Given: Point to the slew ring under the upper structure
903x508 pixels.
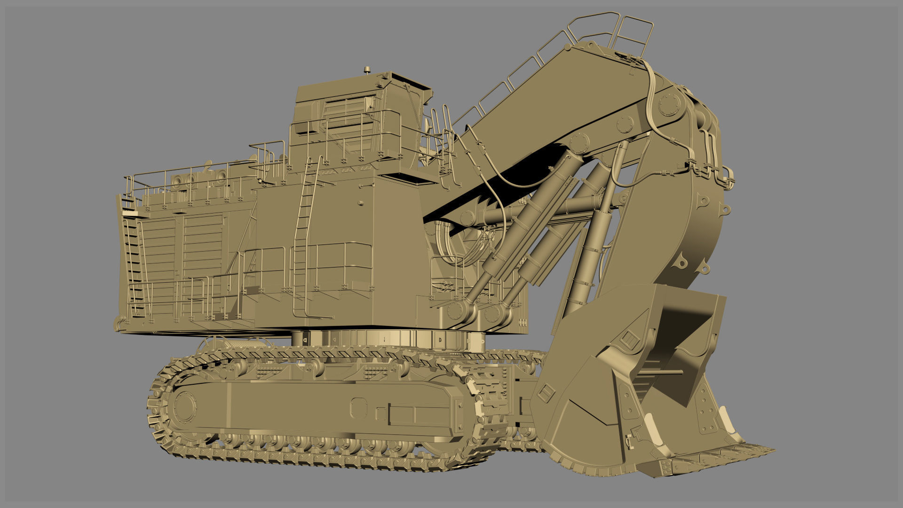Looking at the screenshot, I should [x=386, y=340].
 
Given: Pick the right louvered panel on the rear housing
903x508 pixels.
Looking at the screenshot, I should [x=202, y=247].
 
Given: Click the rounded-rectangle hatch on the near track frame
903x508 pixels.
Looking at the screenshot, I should [x=358, y=406].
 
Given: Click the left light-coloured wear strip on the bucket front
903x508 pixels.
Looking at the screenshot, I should [x=651, y=421].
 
